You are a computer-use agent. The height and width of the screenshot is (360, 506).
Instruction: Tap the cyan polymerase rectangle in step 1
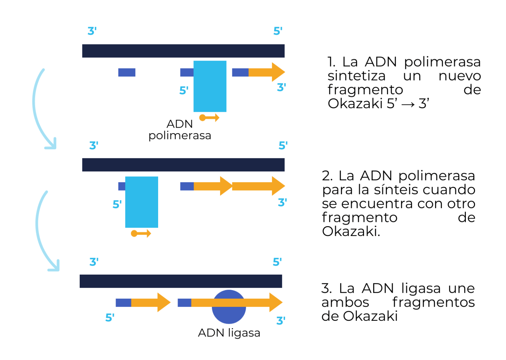[x=210, y=86]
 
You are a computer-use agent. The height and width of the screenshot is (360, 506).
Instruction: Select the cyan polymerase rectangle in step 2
[x=142, y=202]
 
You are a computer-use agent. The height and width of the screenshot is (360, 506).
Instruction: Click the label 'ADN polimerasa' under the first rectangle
[x=180, y=130]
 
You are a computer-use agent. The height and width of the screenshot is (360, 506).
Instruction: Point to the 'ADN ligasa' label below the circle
[x=229, y=333]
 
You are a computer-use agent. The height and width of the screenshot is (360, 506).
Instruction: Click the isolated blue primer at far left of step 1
[x=127, y=72]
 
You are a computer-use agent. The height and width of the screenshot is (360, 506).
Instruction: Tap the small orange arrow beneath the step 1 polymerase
[x=210, y=118]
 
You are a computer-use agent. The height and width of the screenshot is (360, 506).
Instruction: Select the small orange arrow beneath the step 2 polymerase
[x=141, y=234]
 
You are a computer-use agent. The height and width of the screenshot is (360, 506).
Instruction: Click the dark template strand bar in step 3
[x=181, y=281]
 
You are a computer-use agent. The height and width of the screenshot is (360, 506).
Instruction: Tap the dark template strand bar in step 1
[x=183, y=51]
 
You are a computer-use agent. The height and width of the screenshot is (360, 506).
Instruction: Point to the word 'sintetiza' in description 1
[x=356, y=76]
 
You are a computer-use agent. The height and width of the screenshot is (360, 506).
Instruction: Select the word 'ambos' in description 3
[x=345, y=302]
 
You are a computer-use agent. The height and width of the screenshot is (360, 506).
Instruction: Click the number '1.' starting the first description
[x=331, y=62]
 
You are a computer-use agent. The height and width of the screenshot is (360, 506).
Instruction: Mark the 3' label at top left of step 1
[x=92, y=31]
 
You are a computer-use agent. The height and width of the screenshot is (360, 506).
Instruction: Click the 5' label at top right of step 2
[x=283, y=145]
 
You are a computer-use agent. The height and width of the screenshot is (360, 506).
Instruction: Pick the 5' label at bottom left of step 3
[x=110, y=318]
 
